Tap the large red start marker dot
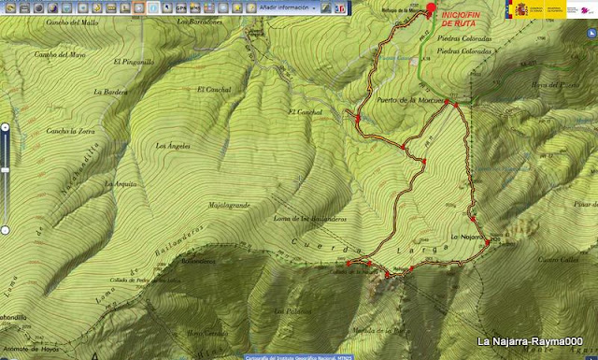(x=431, y=8)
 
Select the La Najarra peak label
(x=467, y=237)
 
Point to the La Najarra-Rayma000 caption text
(x=530, y=342)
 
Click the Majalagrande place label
(x=230, y=204)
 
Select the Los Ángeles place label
(x=173, y=145)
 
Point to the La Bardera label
(x=110, y=92)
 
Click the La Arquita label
(x=122, y=184)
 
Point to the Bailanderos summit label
(x=198, y=261)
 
